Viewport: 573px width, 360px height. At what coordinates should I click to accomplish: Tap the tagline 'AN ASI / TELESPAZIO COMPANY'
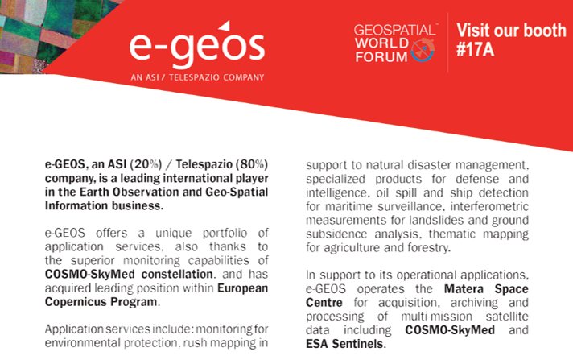(x=196, y=78)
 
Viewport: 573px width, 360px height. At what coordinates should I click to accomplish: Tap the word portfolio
(x=216, y=231)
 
